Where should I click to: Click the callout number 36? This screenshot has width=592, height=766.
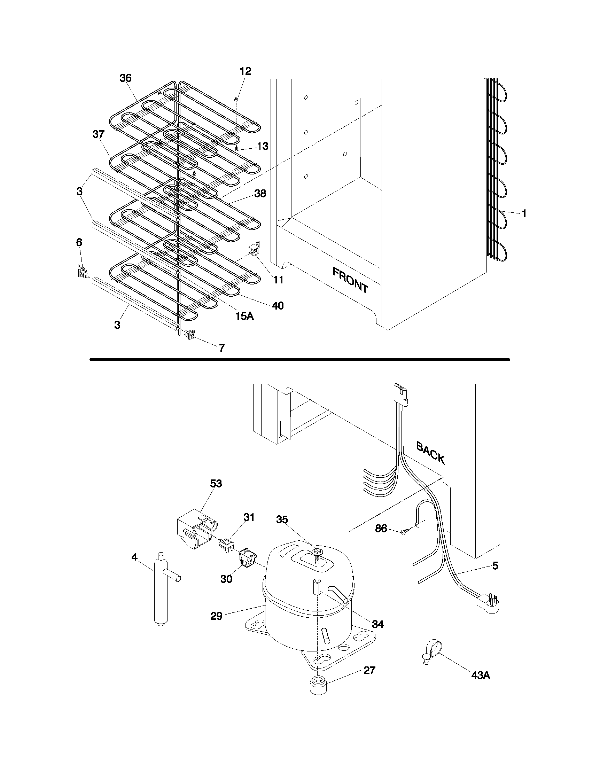pos(125,78)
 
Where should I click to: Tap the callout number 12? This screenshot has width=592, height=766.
pos(246,71)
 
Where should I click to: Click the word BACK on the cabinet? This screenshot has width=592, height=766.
pos(430,453)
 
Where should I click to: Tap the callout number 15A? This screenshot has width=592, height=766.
pos(244,316)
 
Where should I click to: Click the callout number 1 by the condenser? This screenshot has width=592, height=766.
pos(524,213)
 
